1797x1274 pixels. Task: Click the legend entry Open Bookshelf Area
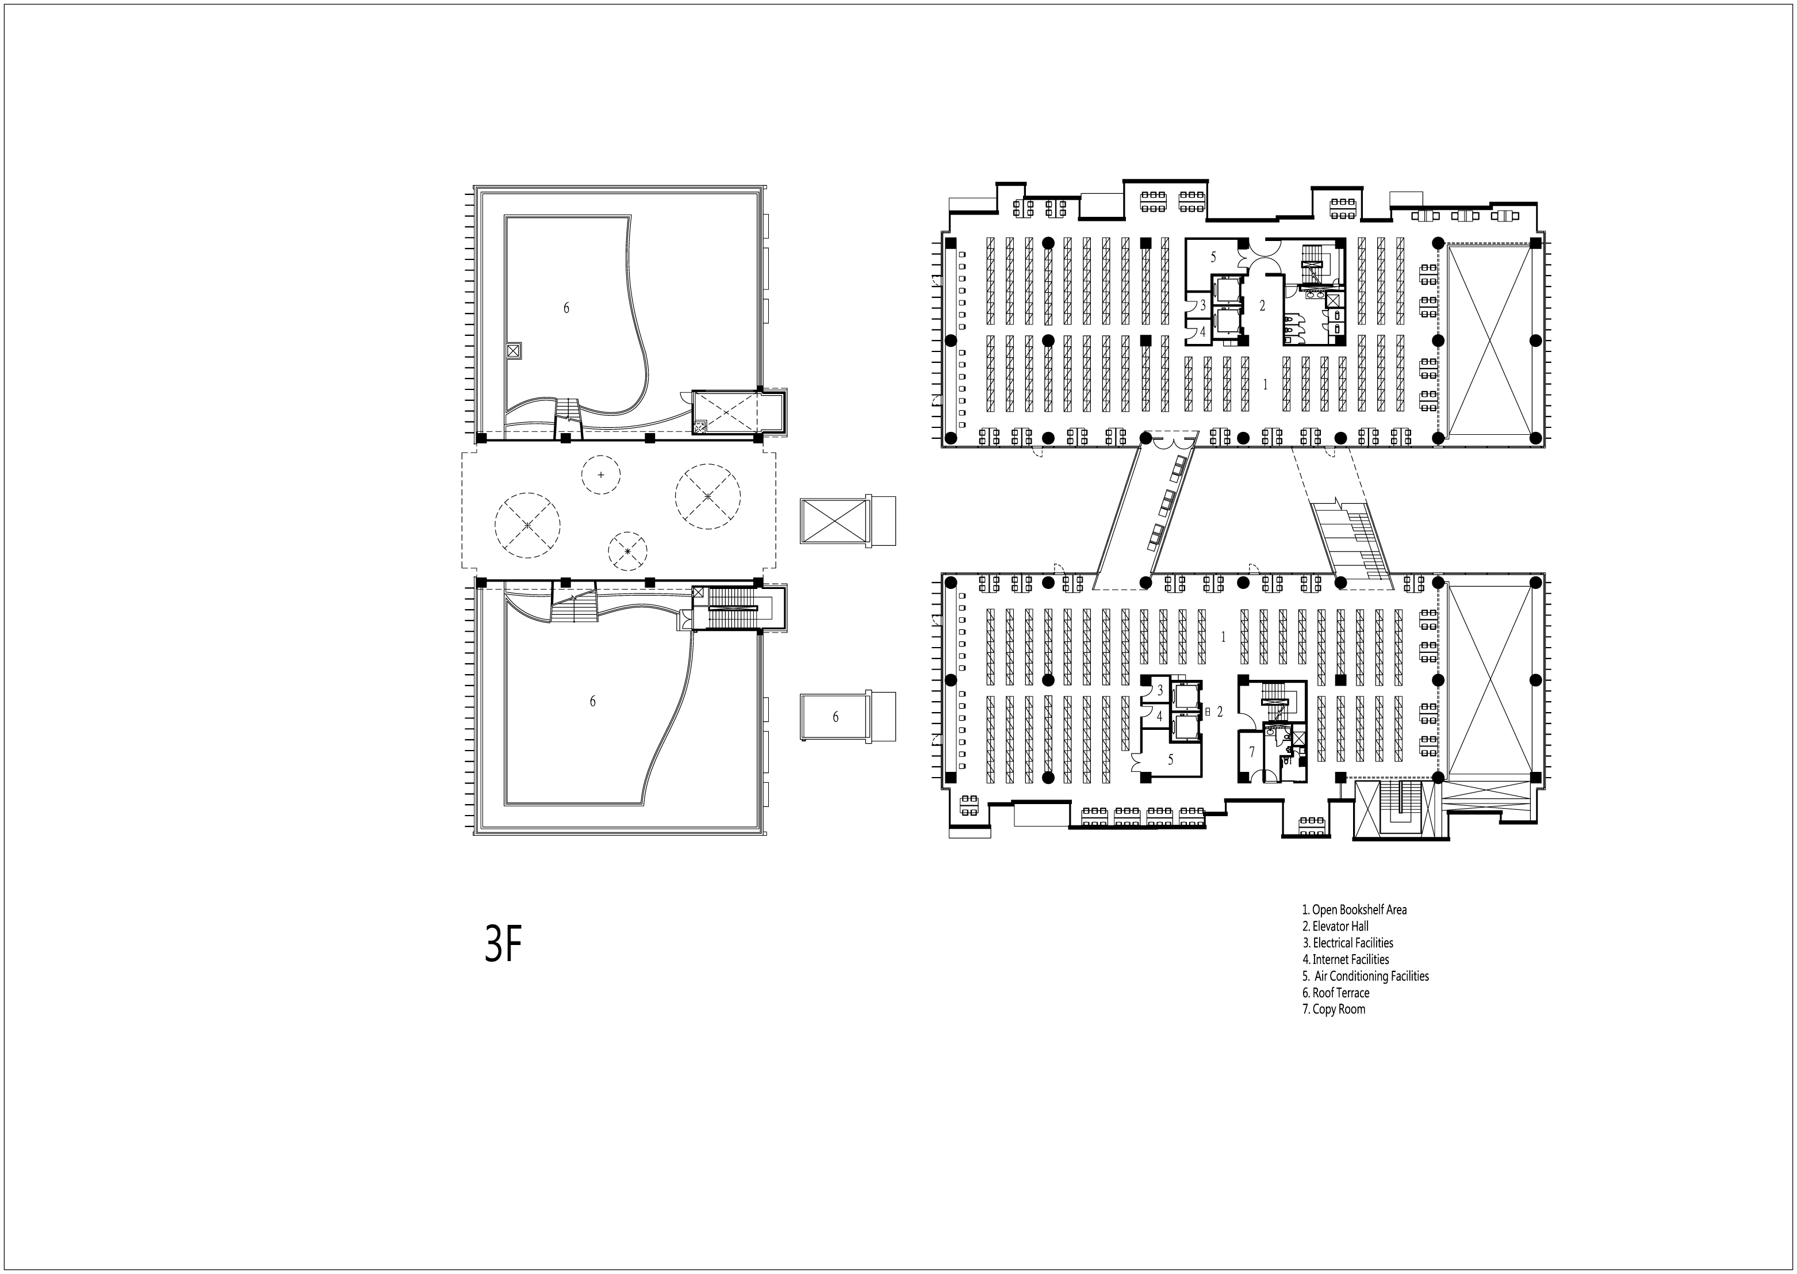pos(1354,910)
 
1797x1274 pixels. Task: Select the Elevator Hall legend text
pos(1335,927)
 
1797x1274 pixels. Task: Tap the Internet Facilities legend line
pos(1345,959)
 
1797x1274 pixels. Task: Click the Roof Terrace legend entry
pos(1336,993)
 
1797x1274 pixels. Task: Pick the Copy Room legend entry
pos(1334,1009)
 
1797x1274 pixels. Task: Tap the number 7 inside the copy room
pos(1252,752)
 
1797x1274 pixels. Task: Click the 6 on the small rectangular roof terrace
pos(836,717)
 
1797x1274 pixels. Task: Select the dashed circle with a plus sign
pos(601,475)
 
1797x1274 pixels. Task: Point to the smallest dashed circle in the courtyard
pos(627,552)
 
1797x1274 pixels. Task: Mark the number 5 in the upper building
pos(1213,257)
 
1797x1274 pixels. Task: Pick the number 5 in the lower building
pos(1170,759)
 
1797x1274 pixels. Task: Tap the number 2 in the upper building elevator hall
pos(1262,306)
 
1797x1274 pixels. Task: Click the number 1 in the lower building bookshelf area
pos(1223,637)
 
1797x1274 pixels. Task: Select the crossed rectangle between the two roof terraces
pos(834,521)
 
